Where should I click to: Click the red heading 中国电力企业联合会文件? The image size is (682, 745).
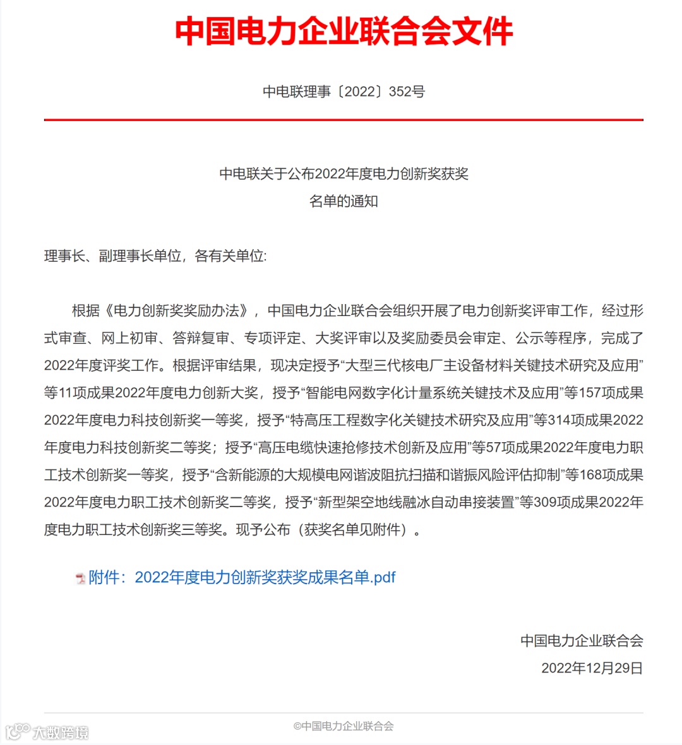click(344, 32)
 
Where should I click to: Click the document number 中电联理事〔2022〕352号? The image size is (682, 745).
click(344, 91)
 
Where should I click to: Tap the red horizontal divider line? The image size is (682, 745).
click(344, 119)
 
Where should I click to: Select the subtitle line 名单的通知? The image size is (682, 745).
click(344, 201)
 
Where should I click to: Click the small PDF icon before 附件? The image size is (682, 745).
click(80, 578)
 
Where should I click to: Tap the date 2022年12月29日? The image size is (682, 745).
click(592, 668)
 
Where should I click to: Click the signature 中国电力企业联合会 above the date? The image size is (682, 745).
click(582, 641)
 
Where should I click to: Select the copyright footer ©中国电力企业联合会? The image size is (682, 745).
click(344, 726)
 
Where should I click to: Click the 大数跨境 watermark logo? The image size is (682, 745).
click(47, 732)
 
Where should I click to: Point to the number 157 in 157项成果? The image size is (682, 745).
click(589, 393)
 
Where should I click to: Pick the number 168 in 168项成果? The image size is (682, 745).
click(590, 475)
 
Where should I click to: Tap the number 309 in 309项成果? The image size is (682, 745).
click(546, 502)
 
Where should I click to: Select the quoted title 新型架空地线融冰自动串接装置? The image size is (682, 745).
click(416, 502)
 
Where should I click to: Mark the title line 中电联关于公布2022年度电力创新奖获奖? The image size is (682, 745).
click(344, 174)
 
